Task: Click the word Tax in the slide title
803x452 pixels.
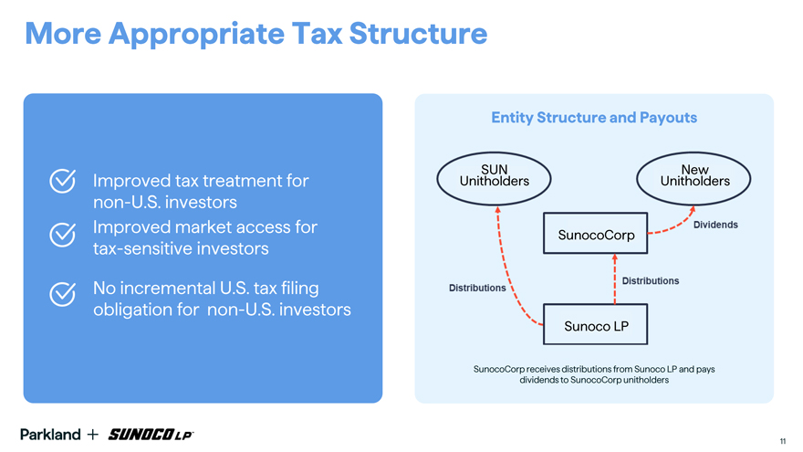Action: (x=317, y=33)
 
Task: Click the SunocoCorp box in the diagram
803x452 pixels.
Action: (x=596, y=233)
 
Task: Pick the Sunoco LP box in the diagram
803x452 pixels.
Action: (x=596, y=324)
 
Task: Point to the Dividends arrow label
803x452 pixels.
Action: (x=715, y=225)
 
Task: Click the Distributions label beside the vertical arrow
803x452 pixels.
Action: (x=651, y=281)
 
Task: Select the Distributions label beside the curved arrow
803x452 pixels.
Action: (x=477, y=288)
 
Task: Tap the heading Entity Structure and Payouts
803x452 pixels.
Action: (x=594, y=118)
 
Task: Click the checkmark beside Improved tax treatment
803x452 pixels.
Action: (x=62, y=181)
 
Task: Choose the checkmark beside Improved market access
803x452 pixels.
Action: (x=62, y=235)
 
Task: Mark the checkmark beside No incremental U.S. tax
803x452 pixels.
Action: (x=62, y=294)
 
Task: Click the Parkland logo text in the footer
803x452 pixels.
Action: (x=50, y=435)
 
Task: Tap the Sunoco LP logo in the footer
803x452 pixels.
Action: (x=151, y=435)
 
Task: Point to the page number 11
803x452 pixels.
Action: (x=783, y=441)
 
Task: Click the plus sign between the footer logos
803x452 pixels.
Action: (x=93, y=435)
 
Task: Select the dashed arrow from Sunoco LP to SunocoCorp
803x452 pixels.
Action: (x=614, y=279)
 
